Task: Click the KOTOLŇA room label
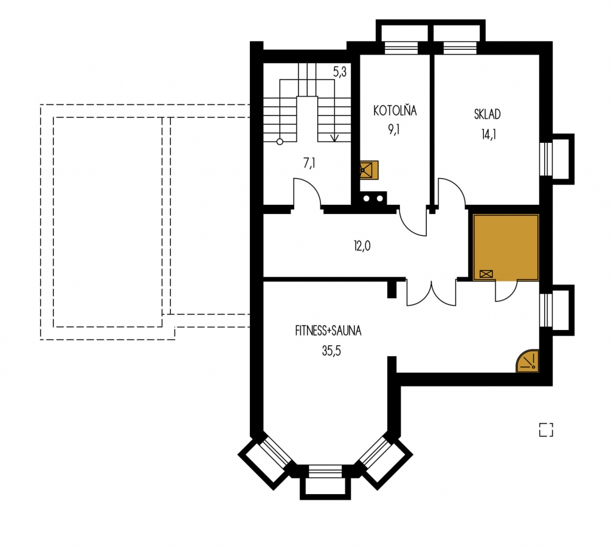(x=395, y=111)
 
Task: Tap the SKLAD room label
(x=487, y=114)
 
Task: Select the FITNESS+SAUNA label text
(x=328, y=331)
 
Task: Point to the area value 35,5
(x=331, y=351)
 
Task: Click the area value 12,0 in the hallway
(x=362, y=246)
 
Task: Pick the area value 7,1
(x=309, y=163)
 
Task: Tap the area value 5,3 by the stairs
(x=340, y=72)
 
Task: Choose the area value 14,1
(x=489, y=134)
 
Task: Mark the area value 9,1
(x=393, y=129)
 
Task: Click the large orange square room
(x=506, y=247)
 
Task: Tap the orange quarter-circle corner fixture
(x=528, y=362)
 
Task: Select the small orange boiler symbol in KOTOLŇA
(x=368, y=170)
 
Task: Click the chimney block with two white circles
(x=373, y=198)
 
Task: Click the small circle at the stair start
(x=280, y=142)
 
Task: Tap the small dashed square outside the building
(x=546, y=430)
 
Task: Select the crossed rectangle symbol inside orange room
(x=486, y=274)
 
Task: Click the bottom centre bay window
(x=325, y=482)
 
